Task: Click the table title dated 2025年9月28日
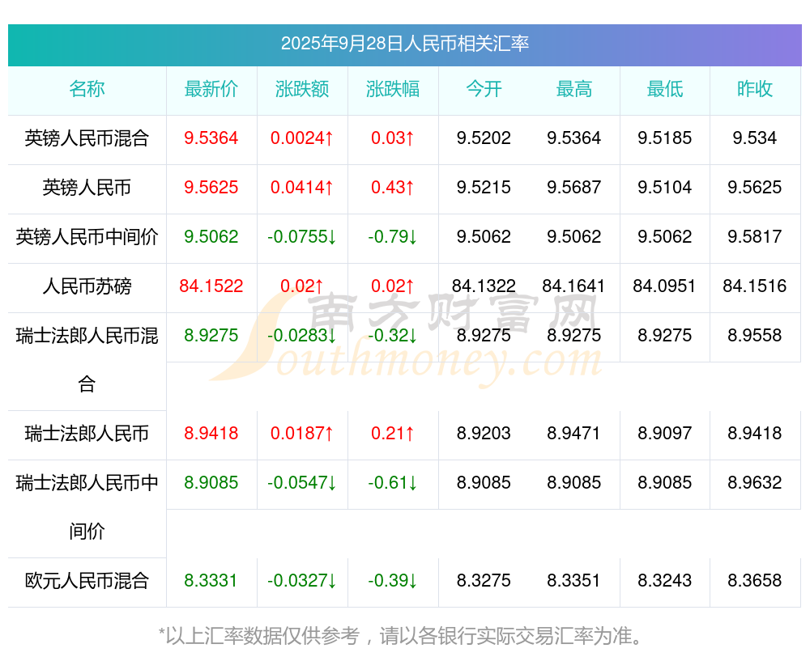coord(405,44)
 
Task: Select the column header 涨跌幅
coord(393,89)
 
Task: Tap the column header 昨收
coord(755,89)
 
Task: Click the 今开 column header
coord(484,89)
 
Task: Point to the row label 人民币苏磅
coord(87,286)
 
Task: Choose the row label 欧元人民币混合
coord(87,581)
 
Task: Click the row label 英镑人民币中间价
coord(87,237)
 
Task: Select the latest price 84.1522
coord(211,286)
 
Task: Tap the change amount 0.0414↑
coord(302,188)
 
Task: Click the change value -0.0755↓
coord(302,237)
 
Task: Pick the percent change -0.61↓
coord(393,483)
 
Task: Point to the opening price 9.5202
coord(484,138)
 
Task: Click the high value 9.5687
coord(574,188)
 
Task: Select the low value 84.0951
coord(664,286)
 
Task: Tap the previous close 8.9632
coord(755,483)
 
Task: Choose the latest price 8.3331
coord(211,581)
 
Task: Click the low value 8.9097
coord(664,434)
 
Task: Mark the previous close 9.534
coord(755,138)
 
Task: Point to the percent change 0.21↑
coord(393,434)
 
